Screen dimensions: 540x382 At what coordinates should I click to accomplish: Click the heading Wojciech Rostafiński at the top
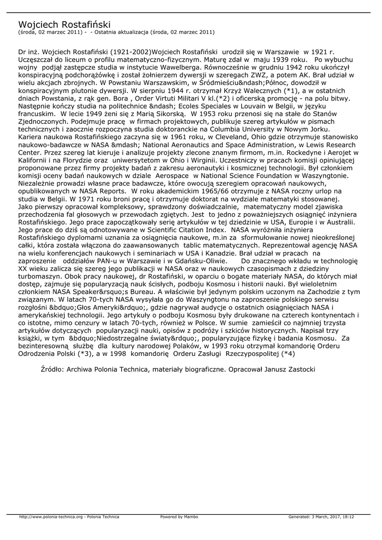tap(64, 24)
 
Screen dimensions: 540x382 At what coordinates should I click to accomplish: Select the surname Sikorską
tap(166, 113)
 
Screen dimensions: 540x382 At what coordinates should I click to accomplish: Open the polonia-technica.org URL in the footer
tap(51, 517)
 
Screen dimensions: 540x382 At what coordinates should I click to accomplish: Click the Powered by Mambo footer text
tap(179, 517)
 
